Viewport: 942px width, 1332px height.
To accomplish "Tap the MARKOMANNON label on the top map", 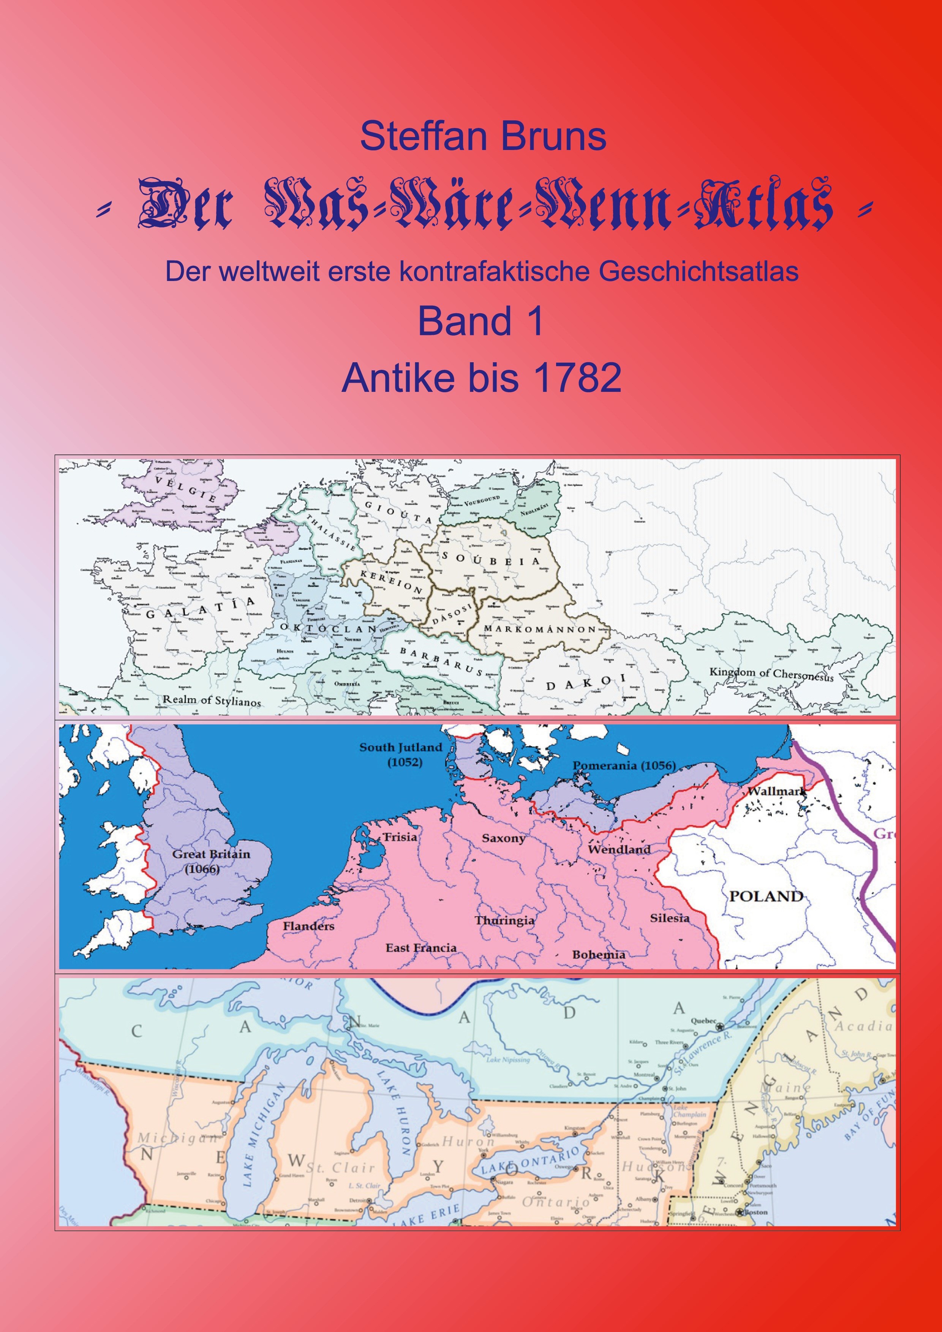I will pos(540,630).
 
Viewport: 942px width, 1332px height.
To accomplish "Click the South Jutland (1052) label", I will pos(400,754).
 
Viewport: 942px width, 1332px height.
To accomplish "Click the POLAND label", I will pos(765,896).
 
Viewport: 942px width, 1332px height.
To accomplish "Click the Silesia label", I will pos(669,919).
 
